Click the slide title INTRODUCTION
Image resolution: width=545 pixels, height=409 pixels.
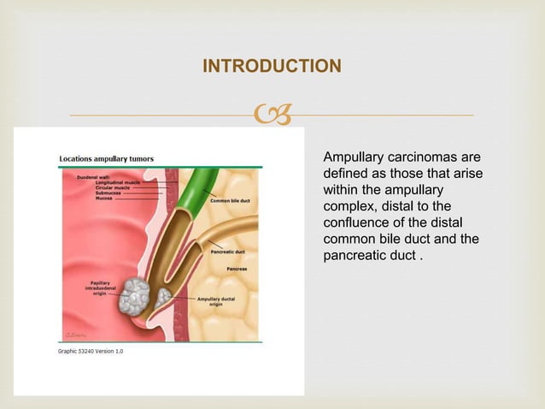(272, 66)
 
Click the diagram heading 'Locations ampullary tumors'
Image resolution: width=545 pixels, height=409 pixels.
(106, 158)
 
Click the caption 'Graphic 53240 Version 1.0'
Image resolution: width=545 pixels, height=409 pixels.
(91, 353)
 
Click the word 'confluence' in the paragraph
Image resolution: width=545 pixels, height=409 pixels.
(354, 224)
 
